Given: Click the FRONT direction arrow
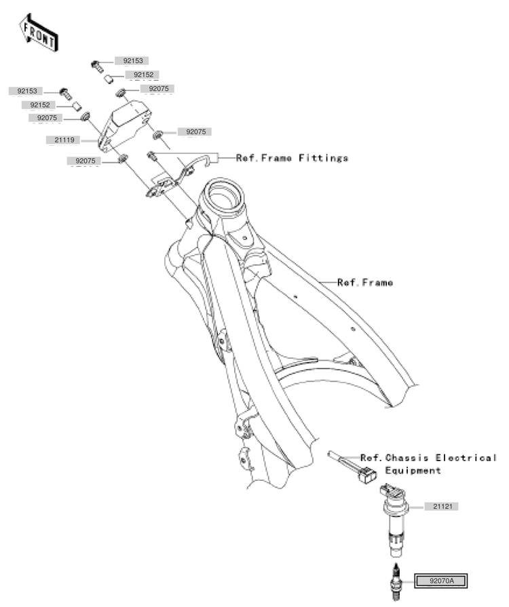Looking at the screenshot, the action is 39,33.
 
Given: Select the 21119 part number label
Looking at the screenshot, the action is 64,140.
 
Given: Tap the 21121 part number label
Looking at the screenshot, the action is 442,507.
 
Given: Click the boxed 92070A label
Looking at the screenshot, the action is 441,581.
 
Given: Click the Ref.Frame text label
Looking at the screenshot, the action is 365,283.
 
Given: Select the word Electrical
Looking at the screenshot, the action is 466,458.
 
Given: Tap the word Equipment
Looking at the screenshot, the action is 413,471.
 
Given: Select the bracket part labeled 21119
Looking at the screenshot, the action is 124,125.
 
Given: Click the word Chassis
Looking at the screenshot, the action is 407,458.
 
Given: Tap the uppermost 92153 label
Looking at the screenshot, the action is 133,61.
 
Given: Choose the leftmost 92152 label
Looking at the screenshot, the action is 40,105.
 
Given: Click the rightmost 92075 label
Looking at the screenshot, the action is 195,132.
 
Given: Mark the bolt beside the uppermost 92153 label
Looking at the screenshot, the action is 97,66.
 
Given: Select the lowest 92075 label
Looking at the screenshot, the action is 86,161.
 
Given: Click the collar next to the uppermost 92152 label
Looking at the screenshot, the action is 108,79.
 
